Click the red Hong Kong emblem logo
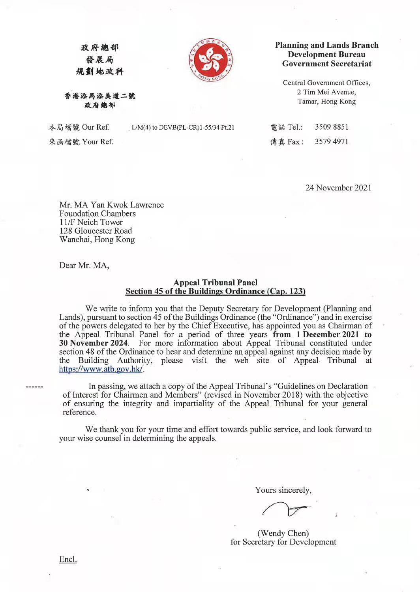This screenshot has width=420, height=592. (210, 60)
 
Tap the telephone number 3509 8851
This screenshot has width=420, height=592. (331, 127)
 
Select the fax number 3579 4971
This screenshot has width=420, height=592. (331, 141)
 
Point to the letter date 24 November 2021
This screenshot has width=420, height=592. (338, 188)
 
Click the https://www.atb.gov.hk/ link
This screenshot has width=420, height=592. (101, 369)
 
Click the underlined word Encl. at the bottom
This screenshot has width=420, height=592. (68, 559)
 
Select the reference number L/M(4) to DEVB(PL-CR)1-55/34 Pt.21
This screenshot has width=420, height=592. (183, 127)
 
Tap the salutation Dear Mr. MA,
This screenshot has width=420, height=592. (84, 265)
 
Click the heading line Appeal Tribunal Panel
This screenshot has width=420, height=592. (215, 283)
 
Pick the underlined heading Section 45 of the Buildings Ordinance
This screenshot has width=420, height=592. (215, 291)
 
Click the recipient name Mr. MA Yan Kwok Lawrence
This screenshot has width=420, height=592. (111, 205)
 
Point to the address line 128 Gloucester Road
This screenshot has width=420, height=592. (96, 231)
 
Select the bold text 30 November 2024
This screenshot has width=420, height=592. (94, 343)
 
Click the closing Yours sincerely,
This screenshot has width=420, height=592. (283, 490)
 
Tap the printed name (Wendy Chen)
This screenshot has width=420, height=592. (283, 533)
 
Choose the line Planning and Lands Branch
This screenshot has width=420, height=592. (326, 45)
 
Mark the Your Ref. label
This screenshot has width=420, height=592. (97, 141)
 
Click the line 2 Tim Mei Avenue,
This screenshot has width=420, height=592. (326, 92)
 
